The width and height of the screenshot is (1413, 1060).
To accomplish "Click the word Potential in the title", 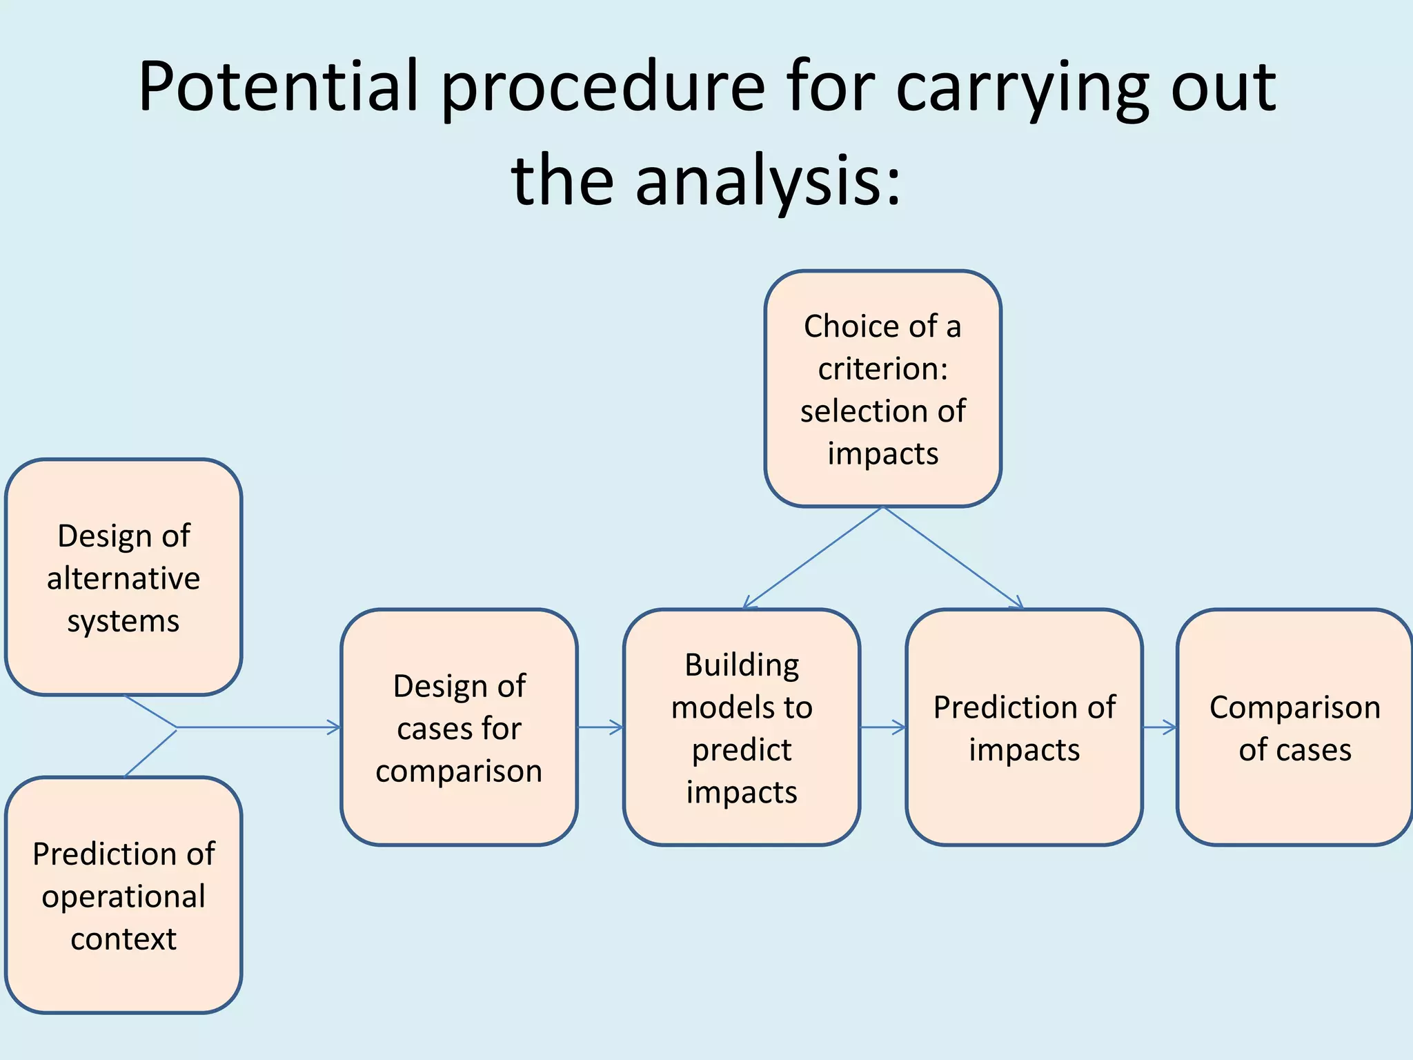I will [x=279, y=86].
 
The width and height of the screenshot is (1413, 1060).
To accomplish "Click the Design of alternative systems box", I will [x=123, y=577].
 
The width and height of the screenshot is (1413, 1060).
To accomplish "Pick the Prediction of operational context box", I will [x=123, y=895].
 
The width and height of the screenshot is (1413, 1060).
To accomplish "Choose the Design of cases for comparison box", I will [x=459, y=727].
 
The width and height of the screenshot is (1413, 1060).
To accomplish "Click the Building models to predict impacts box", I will [x=742, y=727].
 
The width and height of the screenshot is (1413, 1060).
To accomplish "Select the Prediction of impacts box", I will [x=1024, y=727].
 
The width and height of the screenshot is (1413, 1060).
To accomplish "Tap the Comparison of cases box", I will [x=1294, y=727].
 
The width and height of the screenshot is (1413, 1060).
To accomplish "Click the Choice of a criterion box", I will [x=882, y=389].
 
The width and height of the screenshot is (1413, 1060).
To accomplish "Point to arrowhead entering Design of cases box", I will [x=334, y=727].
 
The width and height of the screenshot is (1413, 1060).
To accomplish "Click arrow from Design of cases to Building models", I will [x=600, y=727].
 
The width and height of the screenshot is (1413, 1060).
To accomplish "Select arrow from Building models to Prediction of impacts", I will [x=882, y=727].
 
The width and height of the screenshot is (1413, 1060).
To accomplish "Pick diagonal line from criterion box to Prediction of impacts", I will [x=952, y=558].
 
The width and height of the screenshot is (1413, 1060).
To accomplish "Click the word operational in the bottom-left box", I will [x=123, y=896].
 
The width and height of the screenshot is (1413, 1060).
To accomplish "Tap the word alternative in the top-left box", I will [x=123, y=578].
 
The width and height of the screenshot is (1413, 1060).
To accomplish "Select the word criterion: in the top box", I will [x=882, y=369].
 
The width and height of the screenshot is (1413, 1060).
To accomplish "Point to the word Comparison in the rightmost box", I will [x=1294, y=707].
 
